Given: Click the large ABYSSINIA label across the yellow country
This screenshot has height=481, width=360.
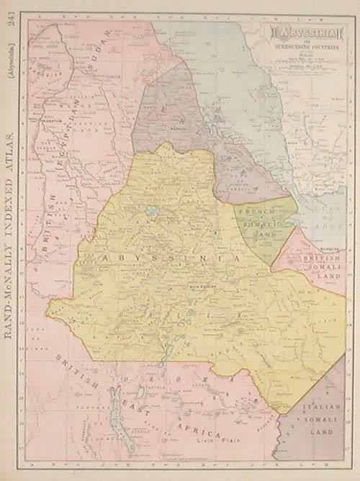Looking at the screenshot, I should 165,258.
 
